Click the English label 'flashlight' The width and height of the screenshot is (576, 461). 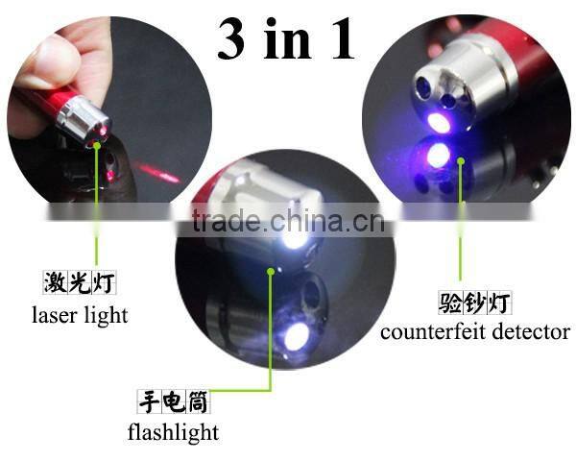click(x=174, y=432)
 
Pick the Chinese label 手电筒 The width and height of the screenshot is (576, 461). click(x=174, y=400)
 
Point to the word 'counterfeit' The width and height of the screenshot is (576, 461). click(x=433, y=333)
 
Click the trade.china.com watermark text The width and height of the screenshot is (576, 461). click(x=288, y=222)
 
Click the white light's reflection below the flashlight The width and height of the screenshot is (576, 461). click(x=295, y=337)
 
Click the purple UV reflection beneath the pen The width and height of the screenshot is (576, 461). click(x=437, y=156)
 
